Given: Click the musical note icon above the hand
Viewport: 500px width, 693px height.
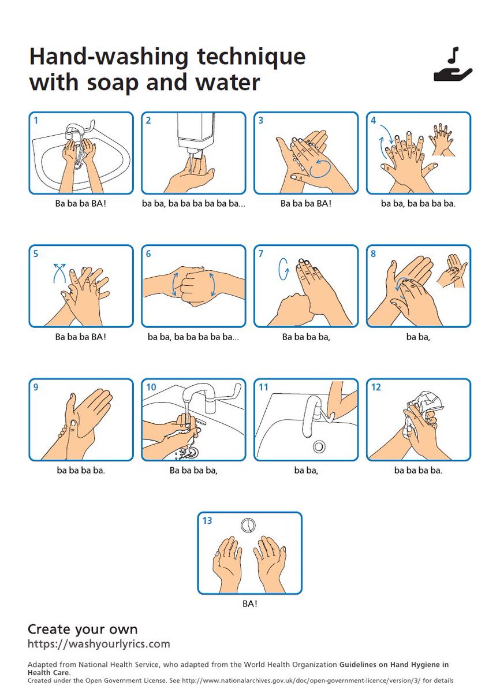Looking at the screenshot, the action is point(454,55).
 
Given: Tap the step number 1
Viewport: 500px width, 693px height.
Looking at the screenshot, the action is point(36,120).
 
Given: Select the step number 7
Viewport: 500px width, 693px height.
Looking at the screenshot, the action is point(260,254).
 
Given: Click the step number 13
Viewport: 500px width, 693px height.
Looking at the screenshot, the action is point(207,520).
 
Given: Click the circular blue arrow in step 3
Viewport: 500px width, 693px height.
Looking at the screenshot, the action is point(320,170).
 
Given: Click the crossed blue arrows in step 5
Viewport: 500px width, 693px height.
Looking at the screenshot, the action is point(59,273).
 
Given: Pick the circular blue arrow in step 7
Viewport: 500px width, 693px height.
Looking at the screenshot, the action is point(283,269).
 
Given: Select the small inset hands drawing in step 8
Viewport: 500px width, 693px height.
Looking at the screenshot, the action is point(452,271).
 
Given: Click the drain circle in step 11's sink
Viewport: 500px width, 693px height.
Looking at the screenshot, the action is point(319,446).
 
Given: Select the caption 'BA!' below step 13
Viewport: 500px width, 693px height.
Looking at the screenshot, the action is point(250,603).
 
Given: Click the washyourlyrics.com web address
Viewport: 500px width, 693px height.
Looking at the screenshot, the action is point(99,644).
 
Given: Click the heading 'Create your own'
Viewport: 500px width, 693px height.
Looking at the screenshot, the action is point(83,629).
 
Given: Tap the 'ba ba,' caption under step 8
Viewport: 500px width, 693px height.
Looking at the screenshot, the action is point(418,337).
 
